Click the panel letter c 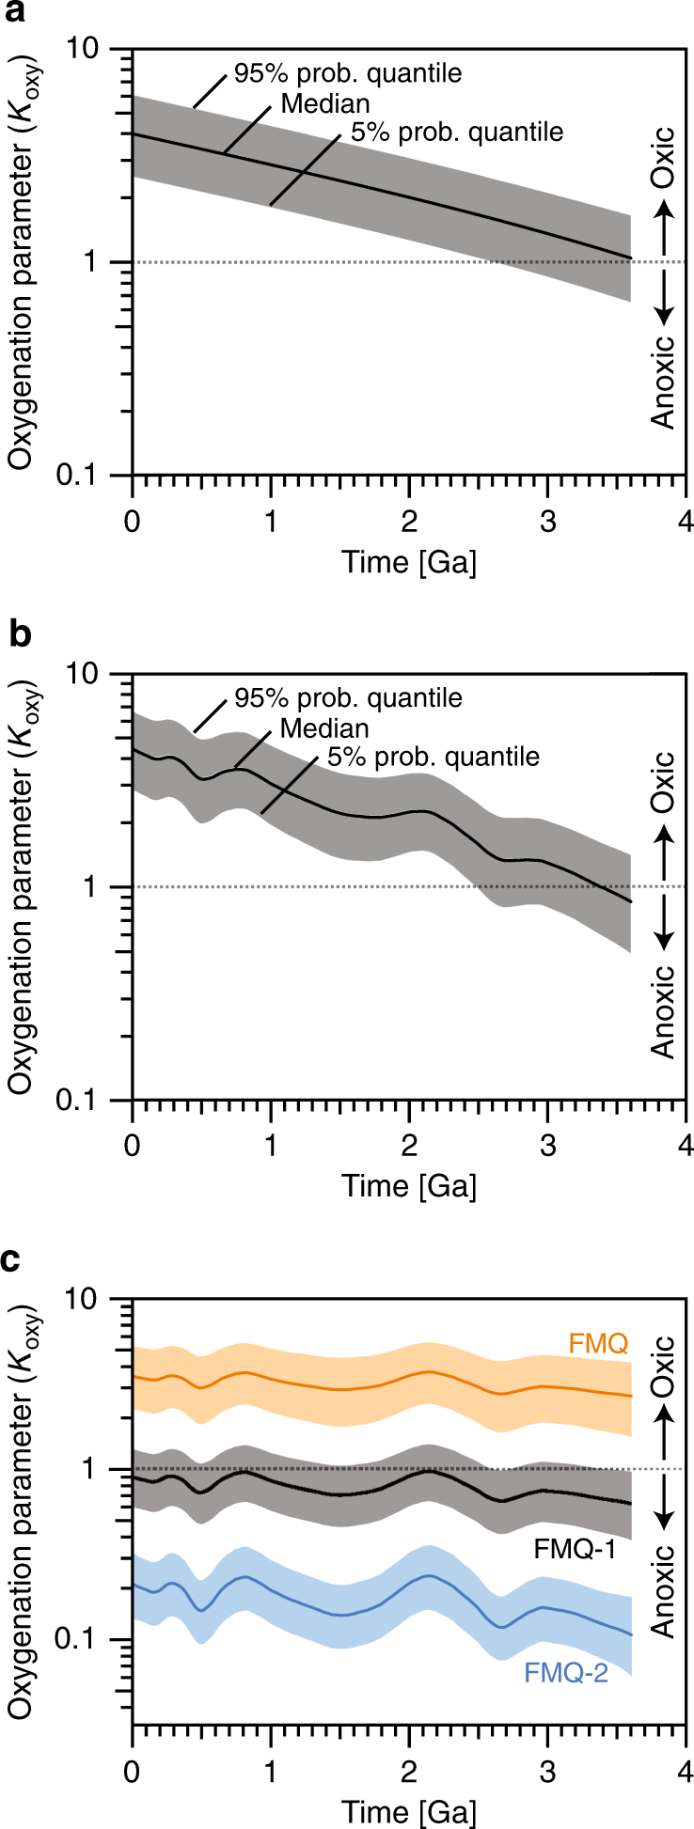point(12,1259)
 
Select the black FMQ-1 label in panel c point(575,1549)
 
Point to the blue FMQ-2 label point(566,1672)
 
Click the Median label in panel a point(325,102)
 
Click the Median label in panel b point(324,727)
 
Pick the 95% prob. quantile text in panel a point(348,73)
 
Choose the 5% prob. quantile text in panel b point(434,756)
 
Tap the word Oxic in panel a point(665,156)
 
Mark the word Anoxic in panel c point(665,1591)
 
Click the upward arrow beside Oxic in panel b point(665,846)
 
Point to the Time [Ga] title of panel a point(409,562)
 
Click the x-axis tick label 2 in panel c point(409,1743)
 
